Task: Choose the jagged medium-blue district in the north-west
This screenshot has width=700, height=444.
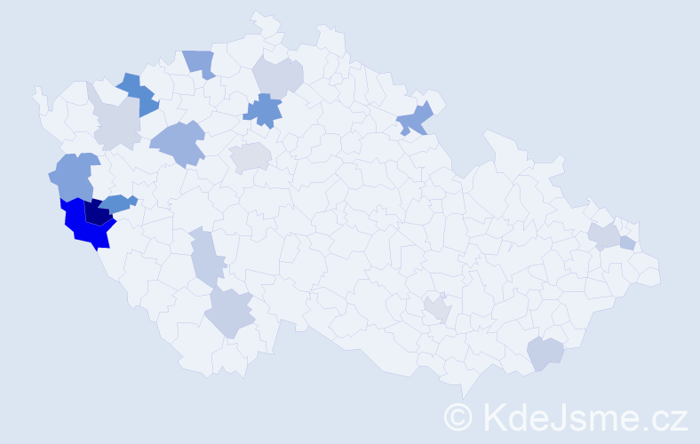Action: coord(139,94)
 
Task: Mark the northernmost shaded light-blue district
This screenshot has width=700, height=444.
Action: coord(201,62)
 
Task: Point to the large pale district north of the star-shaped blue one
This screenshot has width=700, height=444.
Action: coord(278,75)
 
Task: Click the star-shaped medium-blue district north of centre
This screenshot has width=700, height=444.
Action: coord(264,110)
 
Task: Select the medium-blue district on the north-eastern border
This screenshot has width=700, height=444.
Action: coord(416,119)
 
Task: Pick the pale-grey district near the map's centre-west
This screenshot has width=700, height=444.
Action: coord(251,158)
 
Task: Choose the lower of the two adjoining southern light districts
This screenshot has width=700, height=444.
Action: coord(229,312)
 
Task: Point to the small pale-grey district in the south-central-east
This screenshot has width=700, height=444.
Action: coord(436,308)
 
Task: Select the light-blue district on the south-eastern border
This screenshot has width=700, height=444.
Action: coord(545,353)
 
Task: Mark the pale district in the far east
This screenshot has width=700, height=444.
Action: coord(604,235)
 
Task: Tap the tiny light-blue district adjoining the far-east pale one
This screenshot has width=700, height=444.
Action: coord(627,242)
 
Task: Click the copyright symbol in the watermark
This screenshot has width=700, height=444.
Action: coord(459,416)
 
